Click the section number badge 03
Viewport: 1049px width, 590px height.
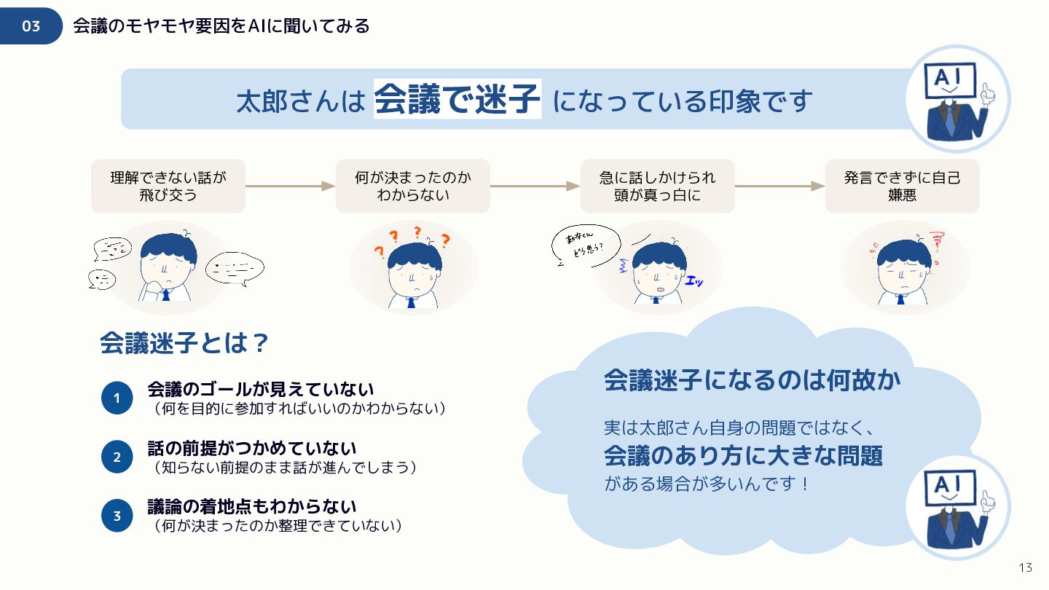click(31, 26)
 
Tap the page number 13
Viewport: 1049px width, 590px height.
click(1026, 568)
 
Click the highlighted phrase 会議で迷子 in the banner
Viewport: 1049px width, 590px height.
click(457, 100)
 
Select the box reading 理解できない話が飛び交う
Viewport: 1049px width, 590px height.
click(168, 186)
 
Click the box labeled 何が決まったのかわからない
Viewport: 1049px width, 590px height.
click(413, 186)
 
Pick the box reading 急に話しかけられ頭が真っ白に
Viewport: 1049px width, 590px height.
click(657, 186)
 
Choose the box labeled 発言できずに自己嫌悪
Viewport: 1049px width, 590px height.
click(902, 186)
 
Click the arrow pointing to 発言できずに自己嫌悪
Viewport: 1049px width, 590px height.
click(779, 186)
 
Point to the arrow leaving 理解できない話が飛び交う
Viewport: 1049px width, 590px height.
click(290, 186)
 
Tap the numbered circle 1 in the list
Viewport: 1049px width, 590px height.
click(117, 398)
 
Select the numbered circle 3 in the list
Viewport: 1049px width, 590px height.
click(117, 516)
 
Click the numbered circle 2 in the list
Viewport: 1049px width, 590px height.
click(117, 457)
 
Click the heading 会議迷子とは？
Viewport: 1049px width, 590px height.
click(185, 343)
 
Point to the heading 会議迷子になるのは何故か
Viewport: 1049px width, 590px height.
click(752, 380)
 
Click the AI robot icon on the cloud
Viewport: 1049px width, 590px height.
click(957, 508)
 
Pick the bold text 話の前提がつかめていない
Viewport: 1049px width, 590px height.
click(251, 449)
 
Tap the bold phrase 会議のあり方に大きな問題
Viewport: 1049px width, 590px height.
click(743, 456)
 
